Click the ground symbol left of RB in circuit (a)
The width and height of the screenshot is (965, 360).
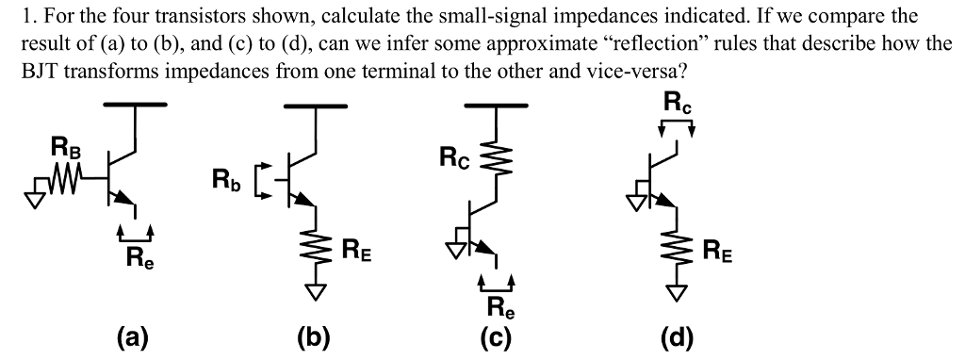tap(37, 182)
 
